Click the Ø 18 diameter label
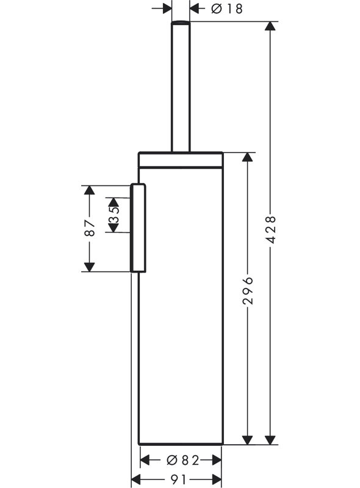coord(227,9)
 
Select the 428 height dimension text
coord(271,229)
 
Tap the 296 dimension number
coord(248,290)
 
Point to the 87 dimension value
coord(90,228)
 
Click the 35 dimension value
coord(113,215)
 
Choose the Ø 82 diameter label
coord(183,460)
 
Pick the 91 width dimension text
coord(178,479)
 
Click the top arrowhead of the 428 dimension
coord(270,26)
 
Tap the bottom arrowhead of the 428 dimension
coord(270,440)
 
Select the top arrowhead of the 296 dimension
coord(248,157)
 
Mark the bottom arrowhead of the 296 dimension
coord(248,440)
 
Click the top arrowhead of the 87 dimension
coord(89,190)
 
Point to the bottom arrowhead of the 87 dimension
coord(89,267)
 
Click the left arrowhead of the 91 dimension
coord(136,479)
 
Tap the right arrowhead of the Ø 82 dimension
coord(217,460)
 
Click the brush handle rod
coord(181,87)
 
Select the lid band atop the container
coord(181,160)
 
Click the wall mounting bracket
coord(138,228)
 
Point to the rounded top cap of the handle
coord(181,23)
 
